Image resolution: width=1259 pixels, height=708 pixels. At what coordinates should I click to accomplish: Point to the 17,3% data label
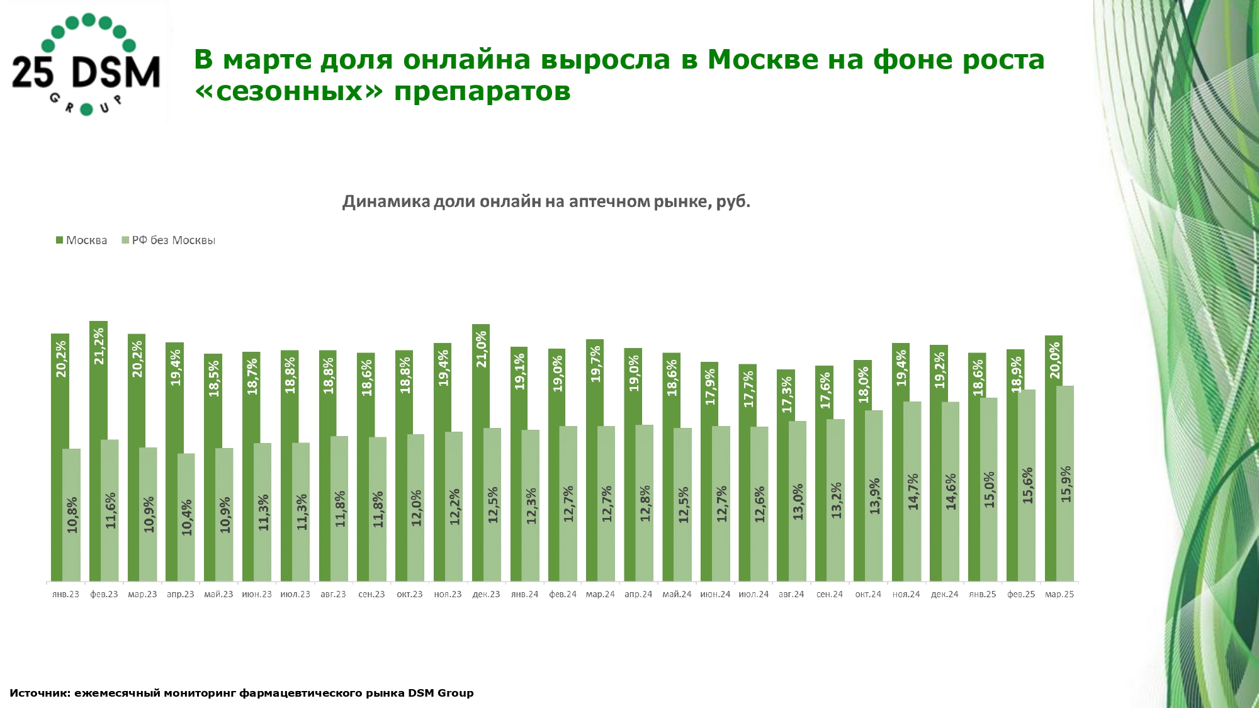pos(786,395)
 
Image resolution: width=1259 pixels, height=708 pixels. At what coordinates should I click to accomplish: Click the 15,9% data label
pos(1066,484)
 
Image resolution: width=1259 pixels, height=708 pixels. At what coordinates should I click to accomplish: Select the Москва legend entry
pos(81,240)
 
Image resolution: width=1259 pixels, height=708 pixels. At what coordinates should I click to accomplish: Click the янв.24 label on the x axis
pos(524,594)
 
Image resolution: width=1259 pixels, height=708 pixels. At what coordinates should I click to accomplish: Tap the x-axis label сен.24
pos(830,594)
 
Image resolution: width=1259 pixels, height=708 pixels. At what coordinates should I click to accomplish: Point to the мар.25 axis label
pos(1059,594)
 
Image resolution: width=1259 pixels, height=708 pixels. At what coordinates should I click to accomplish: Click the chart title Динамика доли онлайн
pos(546,201)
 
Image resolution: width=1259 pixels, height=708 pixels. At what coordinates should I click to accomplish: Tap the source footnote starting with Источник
pos(242,693)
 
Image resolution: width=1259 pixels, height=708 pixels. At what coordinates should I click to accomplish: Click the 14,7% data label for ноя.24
pos(913,492)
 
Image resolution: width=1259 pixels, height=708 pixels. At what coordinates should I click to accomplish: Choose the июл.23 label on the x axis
pos(295,594)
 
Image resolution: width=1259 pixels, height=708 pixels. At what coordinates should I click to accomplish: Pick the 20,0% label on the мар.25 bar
pos(1054,361)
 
